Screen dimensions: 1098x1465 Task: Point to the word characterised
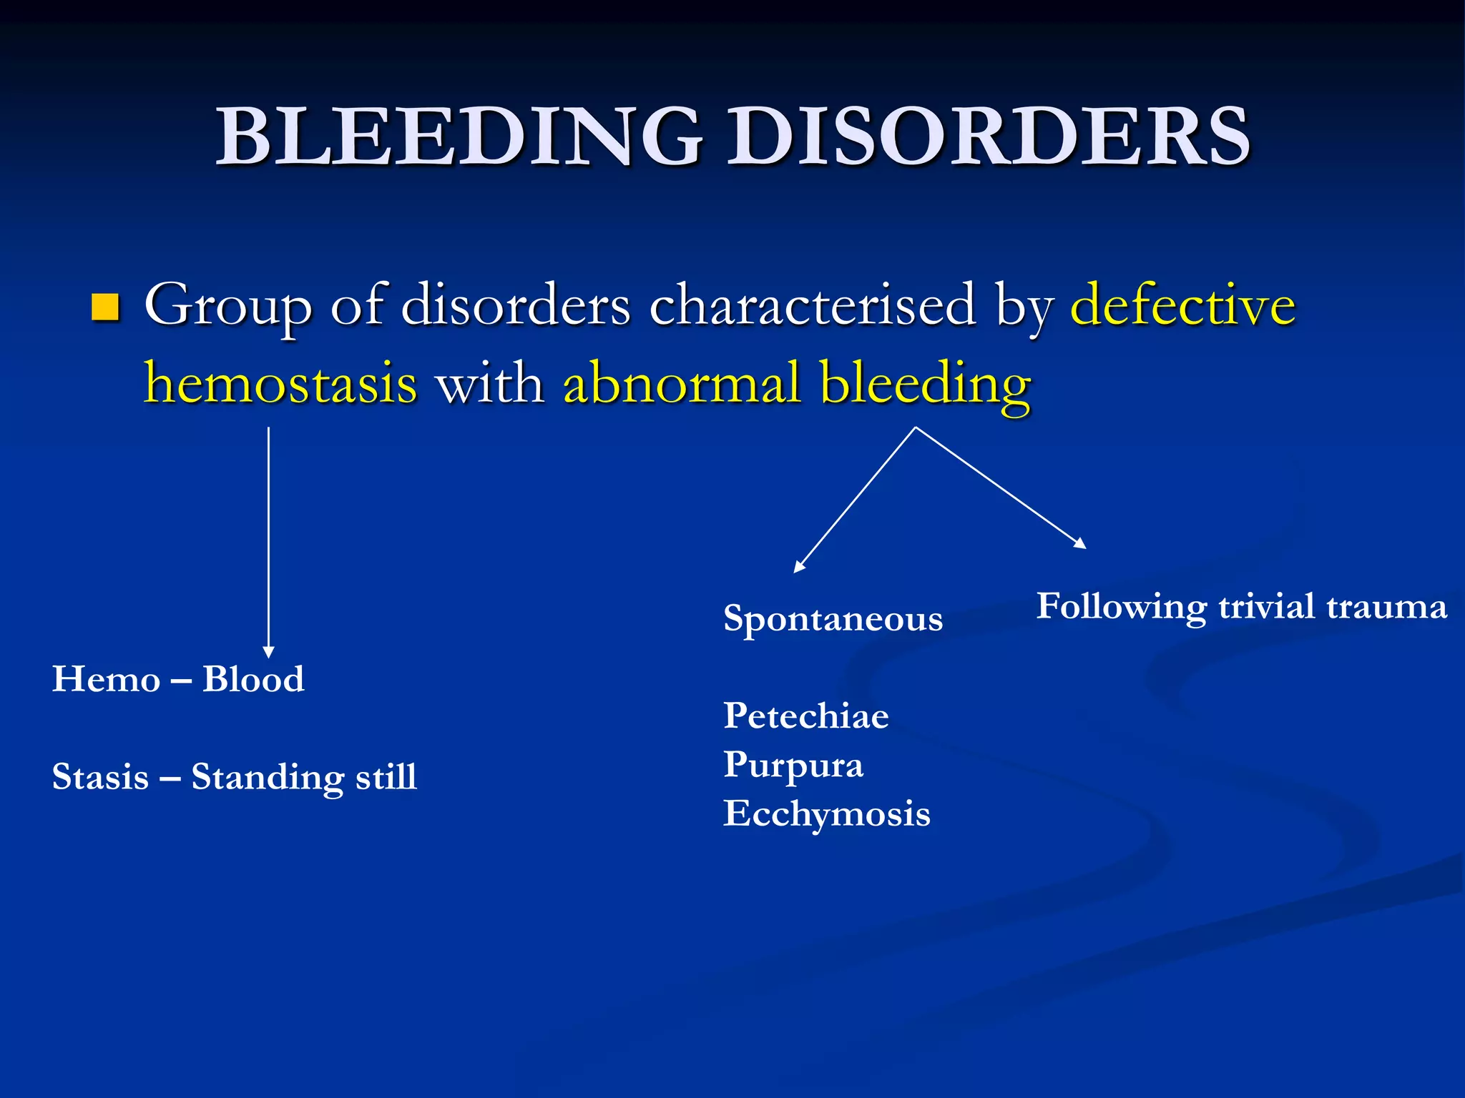click(x=813, y=305)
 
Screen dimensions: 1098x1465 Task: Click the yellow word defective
click(x=1182, y=305)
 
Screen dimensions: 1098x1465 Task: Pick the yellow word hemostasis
click(x=280, y=383)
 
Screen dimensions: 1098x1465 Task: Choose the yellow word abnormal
click(x=681, y=382)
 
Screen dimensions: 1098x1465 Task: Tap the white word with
click(x=489, y=383)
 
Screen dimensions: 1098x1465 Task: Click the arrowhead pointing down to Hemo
click(x=268, y=652)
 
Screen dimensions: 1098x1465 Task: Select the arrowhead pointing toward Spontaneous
click(x=798, y=567)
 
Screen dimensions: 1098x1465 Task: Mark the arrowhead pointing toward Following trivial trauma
click(x=1081, y=544)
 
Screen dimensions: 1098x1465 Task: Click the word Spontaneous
click(x=833, y=619)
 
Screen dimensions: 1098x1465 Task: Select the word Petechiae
click(x=805, y=716)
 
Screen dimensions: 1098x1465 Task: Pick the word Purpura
click(x=793, y=765)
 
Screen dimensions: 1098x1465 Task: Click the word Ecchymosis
click(x=826, y=814)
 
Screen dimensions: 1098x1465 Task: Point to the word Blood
click(x=253, y=678)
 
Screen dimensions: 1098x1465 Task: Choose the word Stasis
click(x=100, y=777)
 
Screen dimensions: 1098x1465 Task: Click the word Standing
click(x=267, y=777)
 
